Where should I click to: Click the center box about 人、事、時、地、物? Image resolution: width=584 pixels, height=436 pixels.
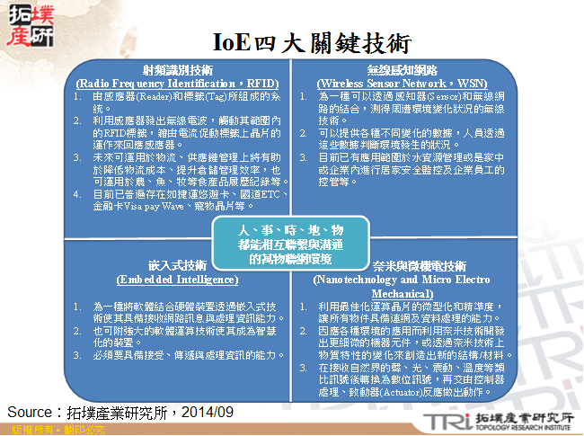tap(285, 244)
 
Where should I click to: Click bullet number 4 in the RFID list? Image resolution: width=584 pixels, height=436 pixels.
tap(78, 191)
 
